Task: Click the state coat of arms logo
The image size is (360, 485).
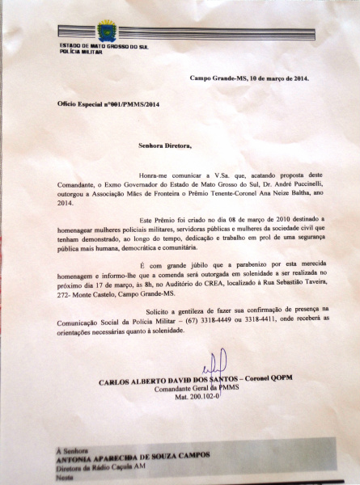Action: [x=105, y=32]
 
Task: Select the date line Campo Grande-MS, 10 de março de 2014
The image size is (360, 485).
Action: [x=248, y=78]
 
